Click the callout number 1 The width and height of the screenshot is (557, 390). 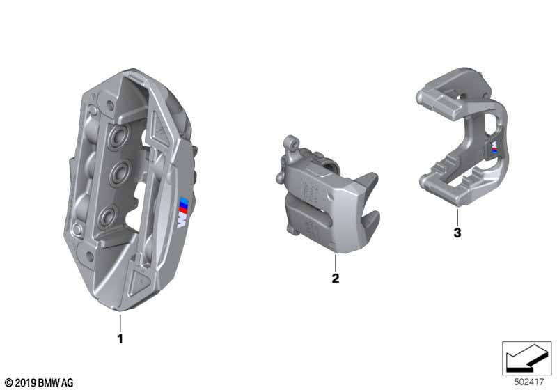pos(120,339)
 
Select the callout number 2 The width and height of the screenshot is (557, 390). pos(335,279)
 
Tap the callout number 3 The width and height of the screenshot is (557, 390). pos(457,233)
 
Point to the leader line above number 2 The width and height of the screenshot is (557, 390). pos(335,263)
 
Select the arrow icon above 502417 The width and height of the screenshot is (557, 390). pos(526,358)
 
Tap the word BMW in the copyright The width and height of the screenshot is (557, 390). pos(49,382)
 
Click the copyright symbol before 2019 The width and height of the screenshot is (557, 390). pos(8,382)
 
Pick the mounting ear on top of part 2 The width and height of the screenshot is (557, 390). pos(289,144)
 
